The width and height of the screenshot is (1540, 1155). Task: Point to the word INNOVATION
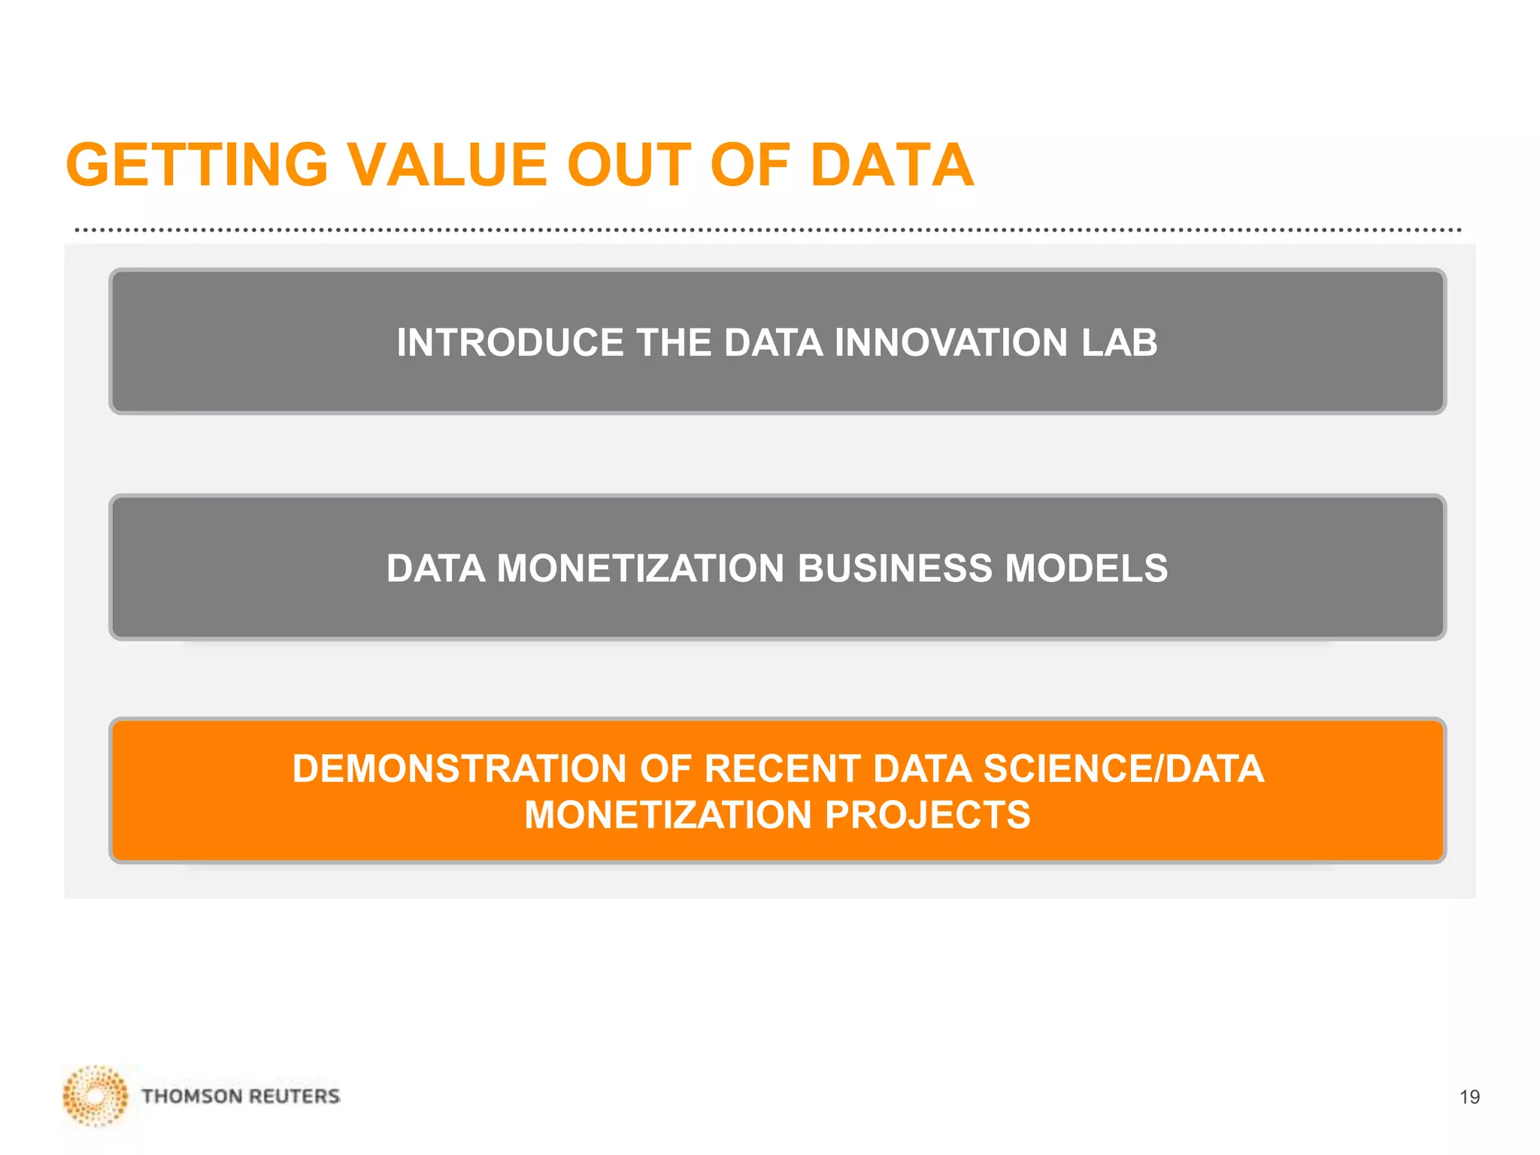950,343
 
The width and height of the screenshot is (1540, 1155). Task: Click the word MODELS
1086,568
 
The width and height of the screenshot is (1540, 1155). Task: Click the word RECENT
782,769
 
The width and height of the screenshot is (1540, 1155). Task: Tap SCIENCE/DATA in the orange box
1123,769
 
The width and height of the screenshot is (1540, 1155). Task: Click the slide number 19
1469,1097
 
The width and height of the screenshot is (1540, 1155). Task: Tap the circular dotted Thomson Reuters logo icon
95,1096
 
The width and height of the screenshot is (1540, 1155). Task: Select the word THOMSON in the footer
191,1096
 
